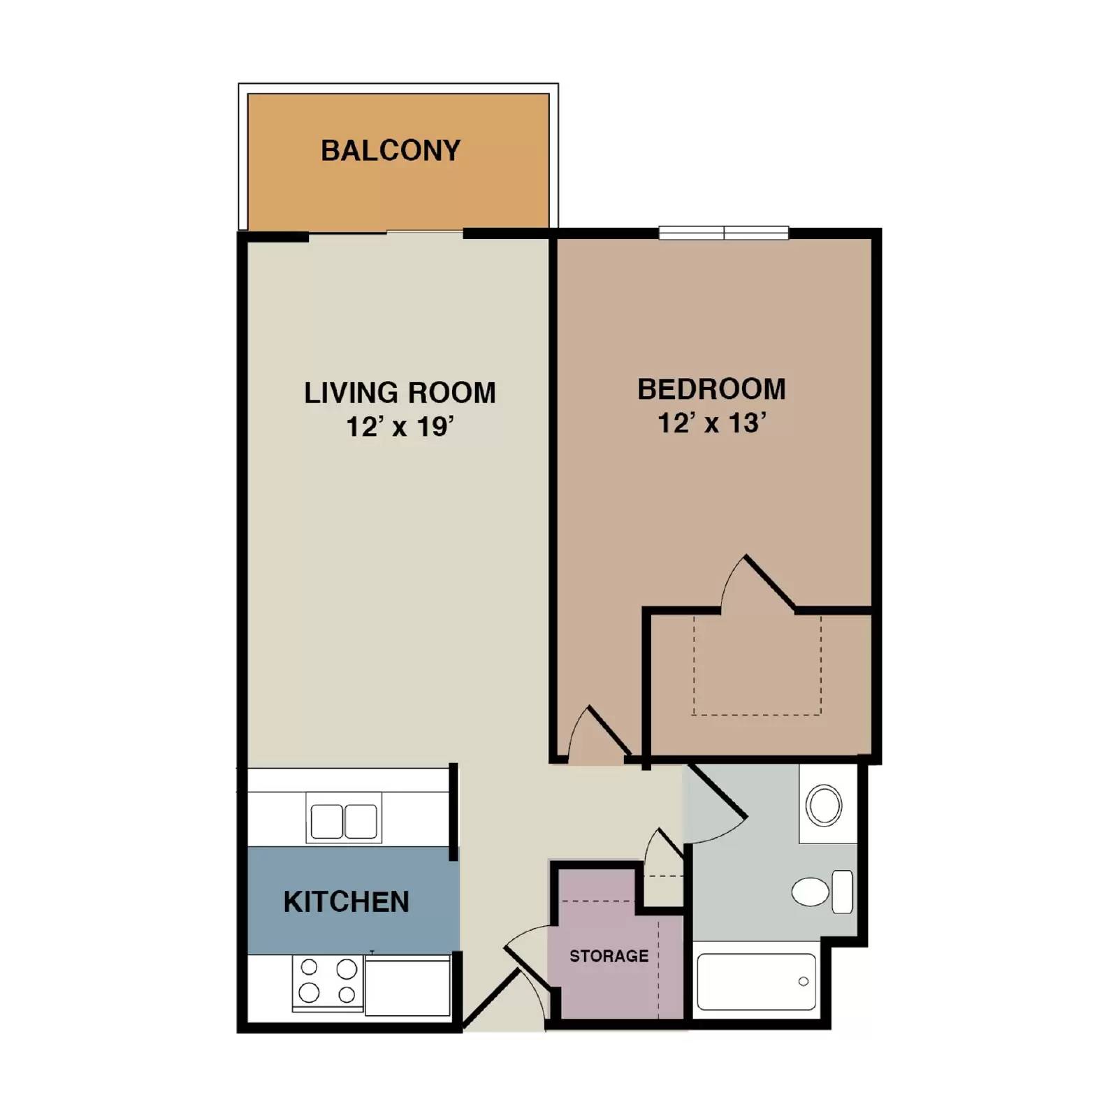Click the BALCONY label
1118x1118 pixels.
point(391,151)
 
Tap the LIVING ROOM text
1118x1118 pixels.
point(400,393)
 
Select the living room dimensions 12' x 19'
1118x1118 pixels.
point(400,426)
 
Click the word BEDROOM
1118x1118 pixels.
point(711,389)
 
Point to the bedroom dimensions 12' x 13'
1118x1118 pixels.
point(711,423)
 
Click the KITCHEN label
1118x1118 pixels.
point(346,901)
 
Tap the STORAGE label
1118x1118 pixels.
point(609,956)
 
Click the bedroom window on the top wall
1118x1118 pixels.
point(723,233)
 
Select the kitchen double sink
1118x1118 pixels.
point(344,821)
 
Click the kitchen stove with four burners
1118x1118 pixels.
point(328,981)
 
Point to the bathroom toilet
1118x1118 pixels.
point(821,892)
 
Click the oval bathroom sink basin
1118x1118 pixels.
point(824,806)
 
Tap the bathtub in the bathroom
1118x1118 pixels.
point(756,982)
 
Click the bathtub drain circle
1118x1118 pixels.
point(804,982)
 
